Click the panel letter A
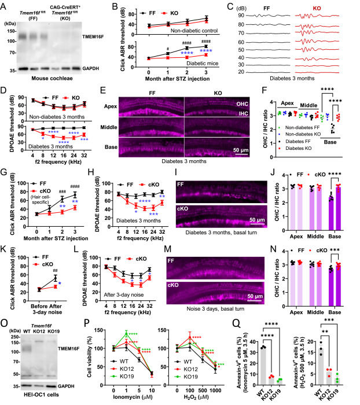[x=5, y=5]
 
